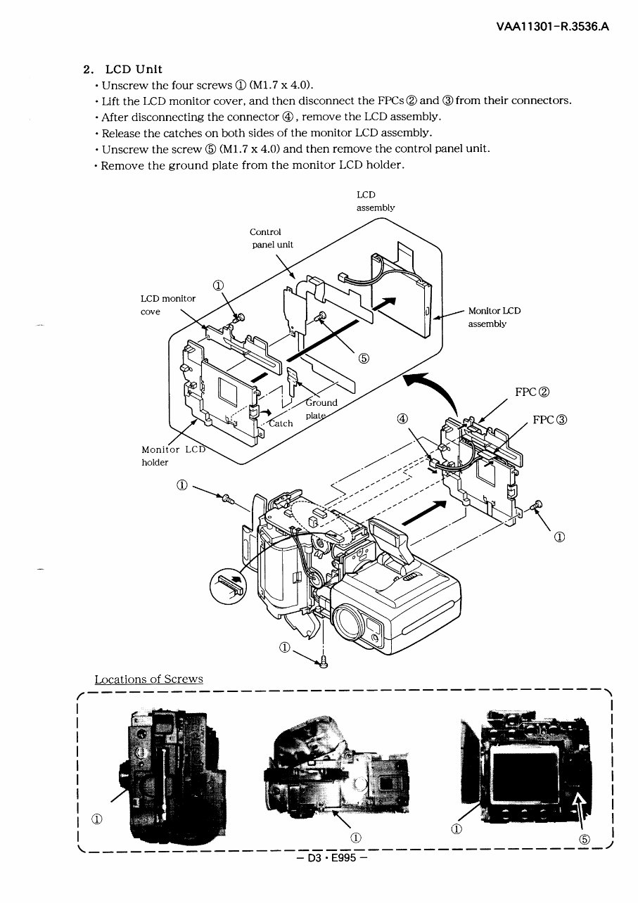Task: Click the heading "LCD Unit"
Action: pyautogui.click(x=133, y=69)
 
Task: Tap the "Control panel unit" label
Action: pyautogui.click(x=271, y=238)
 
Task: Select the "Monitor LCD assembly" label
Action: pyautogui.click(x=494, y=316)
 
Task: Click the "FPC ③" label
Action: pyautogui.click(x=549, y=420)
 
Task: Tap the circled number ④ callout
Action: pyautogui.click(x=402, y=419)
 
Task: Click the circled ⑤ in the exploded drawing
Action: pyautogui.click(x=364, y=357)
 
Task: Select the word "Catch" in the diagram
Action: pyautogui.click(x=281, y=423)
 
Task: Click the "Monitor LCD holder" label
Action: pyautogui.click(x=169, y=455)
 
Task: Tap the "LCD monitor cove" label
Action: pyautogui.click(x=168, y=305)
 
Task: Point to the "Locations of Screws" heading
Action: pyautogui.click(x=148, y=679)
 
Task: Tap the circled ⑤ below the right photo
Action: pyautogui.click(x=584, y=839)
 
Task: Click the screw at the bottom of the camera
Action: pyautogui.click(x=323, y=662)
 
